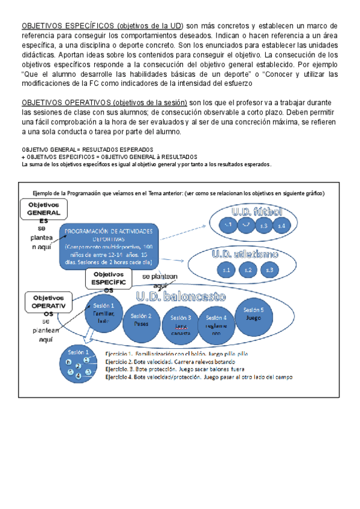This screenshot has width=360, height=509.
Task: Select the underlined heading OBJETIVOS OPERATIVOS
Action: (x=66, y=103)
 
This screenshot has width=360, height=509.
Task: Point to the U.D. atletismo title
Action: (x=244, y=254)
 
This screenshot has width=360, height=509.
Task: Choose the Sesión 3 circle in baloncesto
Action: (x=181, y=322)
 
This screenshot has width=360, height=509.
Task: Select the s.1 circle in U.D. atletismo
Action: (x=227, y=271)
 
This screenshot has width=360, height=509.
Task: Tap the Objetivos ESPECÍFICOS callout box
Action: (x=109, y=279)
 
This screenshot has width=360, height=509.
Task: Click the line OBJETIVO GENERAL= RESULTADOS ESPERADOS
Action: (x=87, y=149)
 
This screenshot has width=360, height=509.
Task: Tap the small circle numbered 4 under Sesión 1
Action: (x=78, y=375)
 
